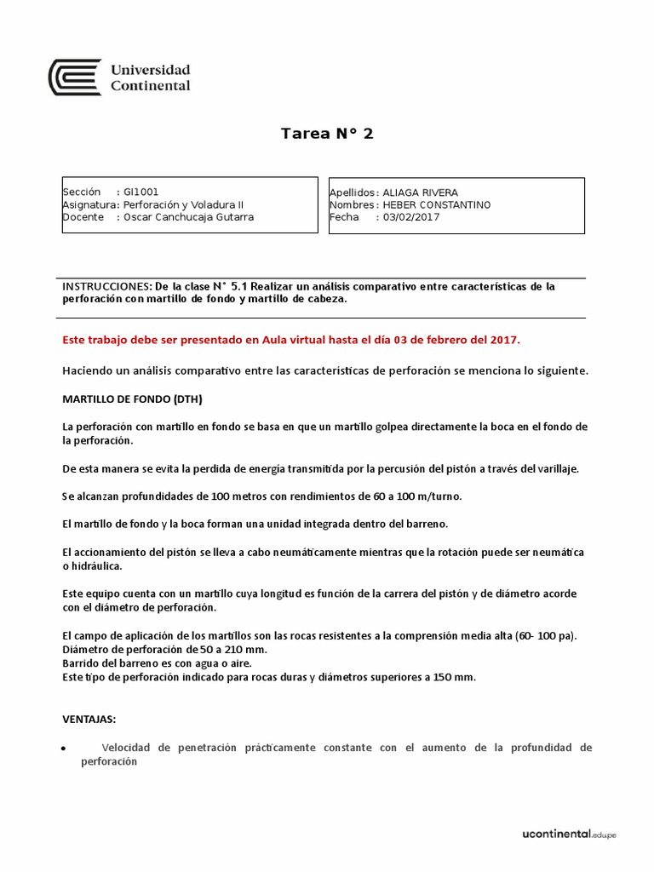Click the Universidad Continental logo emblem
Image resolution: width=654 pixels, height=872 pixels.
76,77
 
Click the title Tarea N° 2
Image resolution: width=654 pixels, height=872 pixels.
327,134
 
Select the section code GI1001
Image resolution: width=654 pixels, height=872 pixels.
141,192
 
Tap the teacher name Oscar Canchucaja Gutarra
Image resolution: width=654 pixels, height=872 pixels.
188,216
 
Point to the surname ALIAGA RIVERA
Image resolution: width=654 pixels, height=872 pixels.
420,192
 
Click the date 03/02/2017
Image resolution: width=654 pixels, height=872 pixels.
411,216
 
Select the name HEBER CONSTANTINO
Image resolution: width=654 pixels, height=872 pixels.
436,204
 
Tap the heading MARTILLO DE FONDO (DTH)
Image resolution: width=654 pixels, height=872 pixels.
133,399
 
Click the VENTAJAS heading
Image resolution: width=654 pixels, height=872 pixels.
89,720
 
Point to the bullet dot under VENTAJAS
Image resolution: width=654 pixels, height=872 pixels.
66,749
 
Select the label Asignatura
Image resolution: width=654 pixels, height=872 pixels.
89,204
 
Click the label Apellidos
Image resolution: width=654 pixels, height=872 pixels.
352,192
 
